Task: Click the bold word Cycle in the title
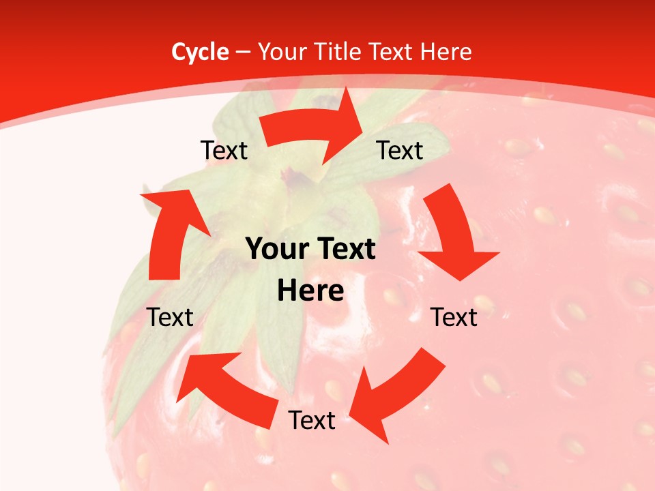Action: (200, 52)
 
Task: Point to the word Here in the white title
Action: (446, 52)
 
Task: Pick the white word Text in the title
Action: (392, 52)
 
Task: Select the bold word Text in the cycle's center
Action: (345, 250)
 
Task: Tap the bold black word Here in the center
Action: (310, 291)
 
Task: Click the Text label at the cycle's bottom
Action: (312, 420)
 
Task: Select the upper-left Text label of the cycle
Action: (224, 150)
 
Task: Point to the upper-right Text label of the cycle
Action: (400, 150)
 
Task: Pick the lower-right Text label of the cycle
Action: (454, 317)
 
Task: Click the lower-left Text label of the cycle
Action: (171, 317)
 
